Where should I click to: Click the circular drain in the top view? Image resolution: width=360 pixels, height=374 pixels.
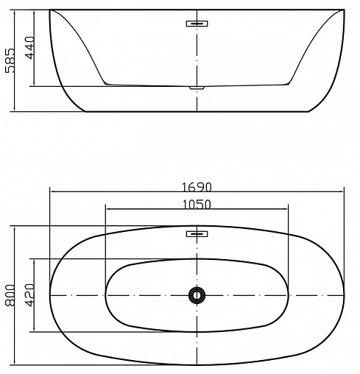[x=197, y=295]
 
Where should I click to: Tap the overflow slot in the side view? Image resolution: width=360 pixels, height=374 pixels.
[x=197, y=23]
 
